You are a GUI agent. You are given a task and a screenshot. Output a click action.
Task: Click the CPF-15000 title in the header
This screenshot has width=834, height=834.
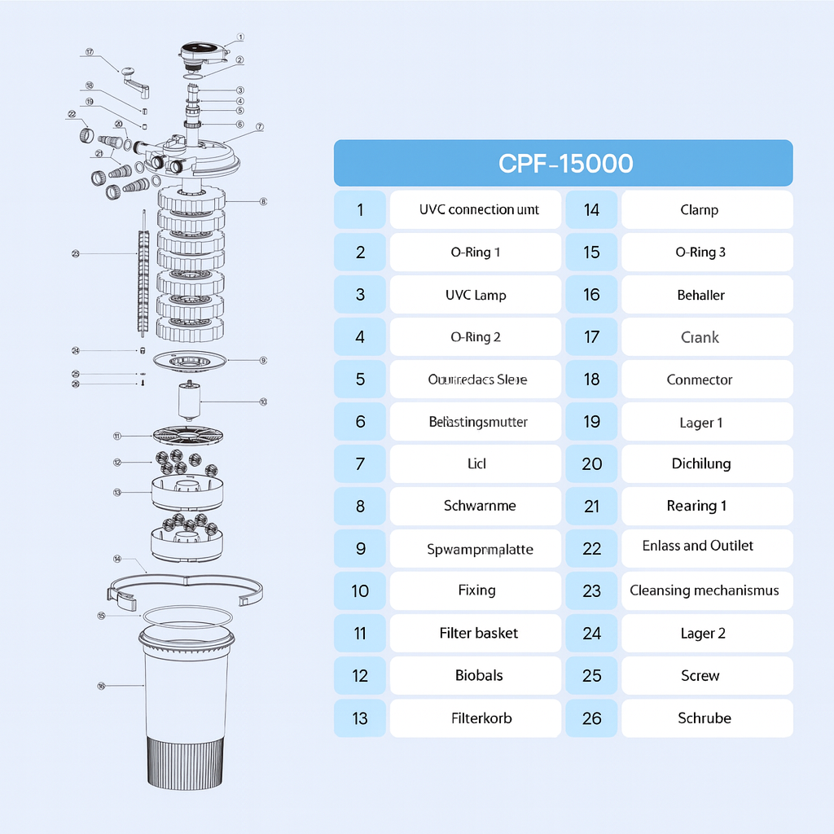[x=564, y=163]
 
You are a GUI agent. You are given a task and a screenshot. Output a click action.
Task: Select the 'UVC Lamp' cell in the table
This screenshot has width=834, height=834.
[x=476, y=295]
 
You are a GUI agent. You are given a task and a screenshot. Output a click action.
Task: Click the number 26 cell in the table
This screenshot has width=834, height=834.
[x=592, y=718]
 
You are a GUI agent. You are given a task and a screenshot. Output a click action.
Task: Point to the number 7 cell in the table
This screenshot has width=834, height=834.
[x=361, y=464]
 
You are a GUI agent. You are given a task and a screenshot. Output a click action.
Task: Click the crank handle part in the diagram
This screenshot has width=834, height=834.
[x=134, y=79]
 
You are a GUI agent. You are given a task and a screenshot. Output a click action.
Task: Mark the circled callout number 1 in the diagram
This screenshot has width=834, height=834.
[x=241, y=37]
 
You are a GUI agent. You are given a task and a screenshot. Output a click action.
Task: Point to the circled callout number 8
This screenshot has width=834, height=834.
[x=263, y=201]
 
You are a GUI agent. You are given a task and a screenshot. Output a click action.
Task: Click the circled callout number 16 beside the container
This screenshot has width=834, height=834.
[x=101, y=686]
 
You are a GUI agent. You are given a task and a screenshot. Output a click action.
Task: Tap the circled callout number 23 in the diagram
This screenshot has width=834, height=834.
[x=75, y=254]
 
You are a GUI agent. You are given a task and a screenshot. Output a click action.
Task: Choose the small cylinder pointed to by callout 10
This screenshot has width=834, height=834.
[x=190, y=402]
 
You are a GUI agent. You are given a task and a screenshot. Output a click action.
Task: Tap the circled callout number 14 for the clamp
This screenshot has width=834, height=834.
[x=117, y=559]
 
